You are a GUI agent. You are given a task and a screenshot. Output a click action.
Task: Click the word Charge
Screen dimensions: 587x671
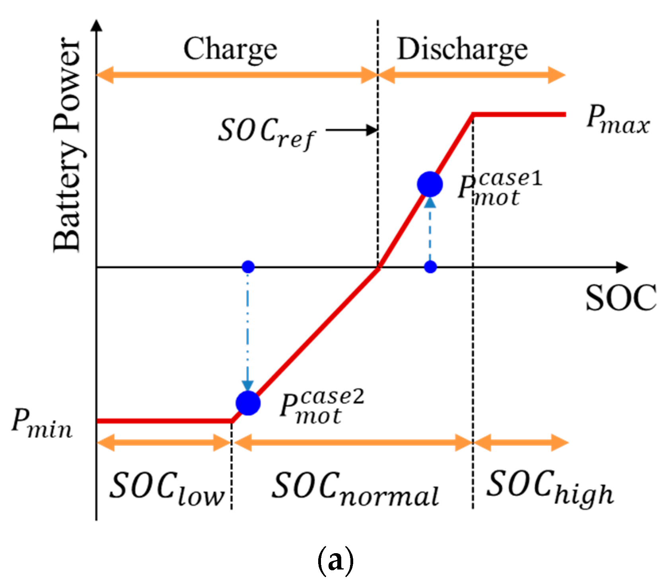tap(230, 50)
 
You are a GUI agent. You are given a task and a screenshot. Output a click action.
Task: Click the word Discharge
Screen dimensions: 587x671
tap(462, 50)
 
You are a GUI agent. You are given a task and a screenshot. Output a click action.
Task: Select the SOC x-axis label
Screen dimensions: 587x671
tap(620, 298)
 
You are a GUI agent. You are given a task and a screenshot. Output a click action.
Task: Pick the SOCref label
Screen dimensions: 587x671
tap(266, 133)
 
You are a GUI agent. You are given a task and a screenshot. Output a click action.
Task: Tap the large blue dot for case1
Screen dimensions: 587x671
tap(430, 184)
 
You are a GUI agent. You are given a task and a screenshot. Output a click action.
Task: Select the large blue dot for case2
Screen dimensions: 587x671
tap(248, 403)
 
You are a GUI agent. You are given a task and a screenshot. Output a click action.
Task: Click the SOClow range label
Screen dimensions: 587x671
tap(166, 488)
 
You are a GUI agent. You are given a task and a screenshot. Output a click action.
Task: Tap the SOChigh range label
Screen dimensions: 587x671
tap(550, 487)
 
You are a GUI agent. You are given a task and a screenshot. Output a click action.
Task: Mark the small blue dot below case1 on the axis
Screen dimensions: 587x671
tap(430, 267)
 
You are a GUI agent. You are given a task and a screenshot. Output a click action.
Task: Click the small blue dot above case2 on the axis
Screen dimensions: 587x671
tap(248, 267)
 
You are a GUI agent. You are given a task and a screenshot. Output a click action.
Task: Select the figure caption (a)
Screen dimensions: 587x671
tap(335, 560)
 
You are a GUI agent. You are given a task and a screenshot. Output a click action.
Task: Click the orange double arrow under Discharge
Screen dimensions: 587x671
tap(471, 75)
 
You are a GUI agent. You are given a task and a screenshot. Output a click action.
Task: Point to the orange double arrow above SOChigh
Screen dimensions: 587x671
tap(521, 443)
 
